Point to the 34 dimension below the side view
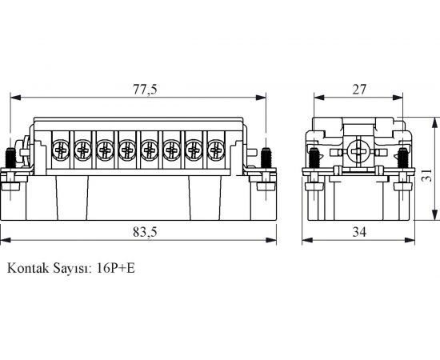coord(360,233)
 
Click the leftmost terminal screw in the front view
coord(60,149)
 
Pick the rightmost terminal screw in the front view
coord(215,149)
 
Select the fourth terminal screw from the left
coord(126,149)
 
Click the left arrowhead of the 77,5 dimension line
coord(13,99)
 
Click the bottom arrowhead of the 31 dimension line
coord(434,217)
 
